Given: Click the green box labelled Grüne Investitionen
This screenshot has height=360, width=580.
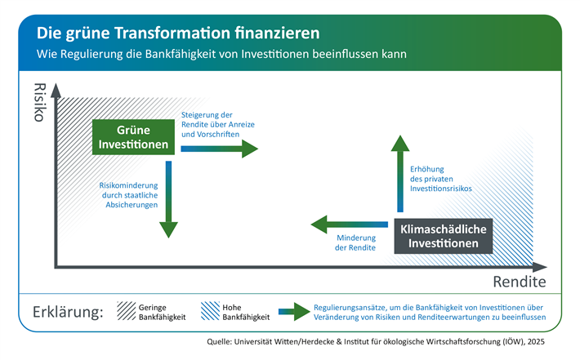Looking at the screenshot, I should click(x=134, y=137).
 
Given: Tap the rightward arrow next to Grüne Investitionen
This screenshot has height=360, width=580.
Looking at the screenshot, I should click(x=218, y=148).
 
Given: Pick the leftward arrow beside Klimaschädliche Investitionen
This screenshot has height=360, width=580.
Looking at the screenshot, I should click(x=349, y=223).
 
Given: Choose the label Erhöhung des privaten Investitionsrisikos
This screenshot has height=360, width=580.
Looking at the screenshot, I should click(x=441, y=178).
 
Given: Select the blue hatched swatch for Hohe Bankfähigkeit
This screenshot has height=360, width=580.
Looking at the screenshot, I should click(x=208, y=311).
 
